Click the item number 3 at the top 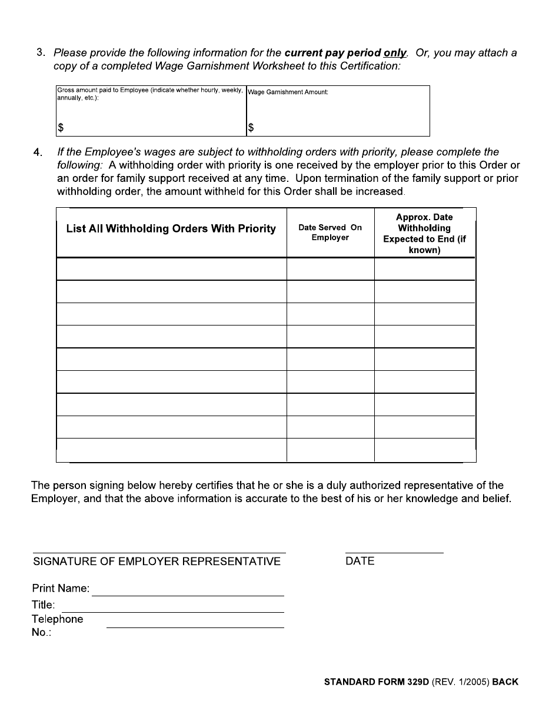[40, 52]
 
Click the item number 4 [38, 152]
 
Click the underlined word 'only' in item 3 [395, 52]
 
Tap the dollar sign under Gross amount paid [60, 127]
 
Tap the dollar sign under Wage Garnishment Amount [251, 127]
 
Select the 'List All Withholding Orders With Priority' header [171, 229]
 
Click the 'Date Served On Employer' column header [330, 233]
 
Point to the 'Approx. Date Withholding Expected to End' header [424, 234]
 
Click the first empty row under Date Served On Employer [330, 269]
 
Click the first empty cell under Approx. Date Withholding [424, 269]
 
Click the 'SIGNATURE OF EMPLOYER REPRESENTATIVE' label [157, 562]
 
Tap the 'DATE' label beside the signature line [360, 562]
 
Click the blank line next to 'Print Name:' [188, 590]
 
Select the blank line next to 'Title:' [172, 606]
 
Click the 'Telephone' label [57, 619]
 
